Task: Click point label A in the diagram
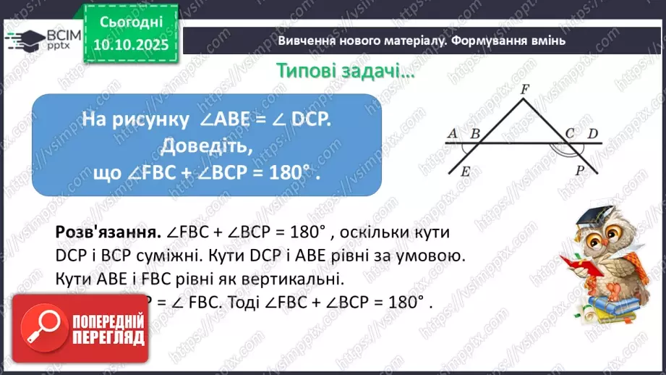453,134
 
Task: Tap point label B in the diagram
475,134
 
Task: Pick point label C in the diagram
570,133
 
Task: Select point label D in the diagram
593,133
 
